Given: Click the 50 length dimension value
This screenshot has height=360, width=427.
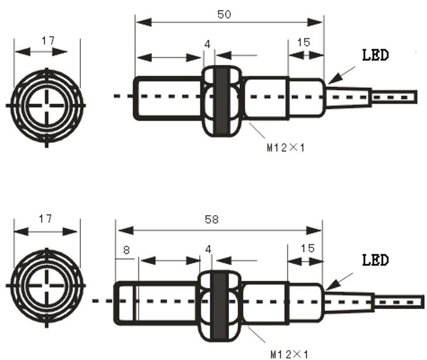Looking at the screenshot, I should tap(224, 15).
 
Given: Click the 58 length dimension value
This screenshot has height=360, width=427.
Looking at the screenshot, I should tap(211, 219).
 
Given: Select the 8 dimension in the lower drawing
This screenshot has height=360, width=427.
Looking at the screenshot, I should tap(126, 250).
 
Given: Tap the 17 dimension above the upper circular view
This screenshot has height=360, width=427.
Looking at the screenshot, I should tap(48, 41).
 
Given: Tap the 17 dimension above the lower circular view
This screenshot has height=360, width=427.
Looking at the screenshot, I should tap(45, 219).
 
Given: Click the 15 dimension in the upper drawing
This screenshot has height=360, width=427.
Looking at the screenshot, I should tap(304, 43).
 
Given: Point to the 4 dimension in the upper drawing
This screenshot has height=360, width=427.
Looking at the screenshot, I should tap(207, 45).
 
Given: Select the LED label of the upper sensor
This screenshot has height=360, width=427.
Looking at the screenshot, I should tap(375, 56).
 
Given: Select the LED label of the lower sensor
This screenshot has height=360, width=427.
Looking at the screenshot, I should tap(375, 260).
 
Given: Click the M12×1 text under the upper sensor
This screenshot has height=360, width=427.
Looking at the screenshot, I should tap(286, 148).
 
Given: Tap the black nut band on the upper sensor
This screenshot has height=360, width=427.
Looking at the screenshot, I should tap(221, 100).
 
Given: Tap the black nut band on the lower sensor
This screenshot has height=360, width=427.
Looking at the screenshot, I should tap(220, 305).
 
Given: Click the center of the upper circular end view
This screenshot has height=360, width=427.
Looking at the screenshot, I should tap(46, 106).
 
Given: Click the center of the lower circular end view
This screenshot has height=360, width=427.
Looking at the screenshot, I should tap(45, 286).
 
